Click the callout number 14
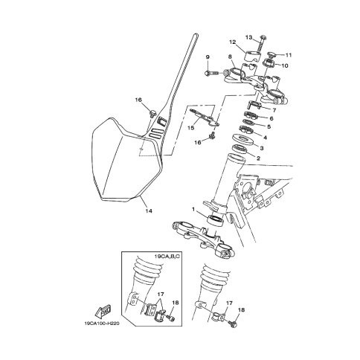[149, 211]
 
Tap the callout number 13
[248, 37]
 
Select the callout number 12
[232, 42]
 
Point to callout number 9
[208, 57]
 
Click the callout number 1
[193, 210]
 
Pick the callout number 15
[190, 128]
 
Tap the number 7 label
[274, 110]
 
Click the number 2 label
[258, 158]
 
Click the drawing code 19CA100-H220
[100, 324]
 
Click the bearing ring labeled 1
[216, 220]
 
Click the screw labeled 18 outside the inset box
[233, 324]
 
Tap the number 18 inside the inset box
[176, 303]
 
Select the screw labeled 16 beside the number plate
[152, 113]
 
